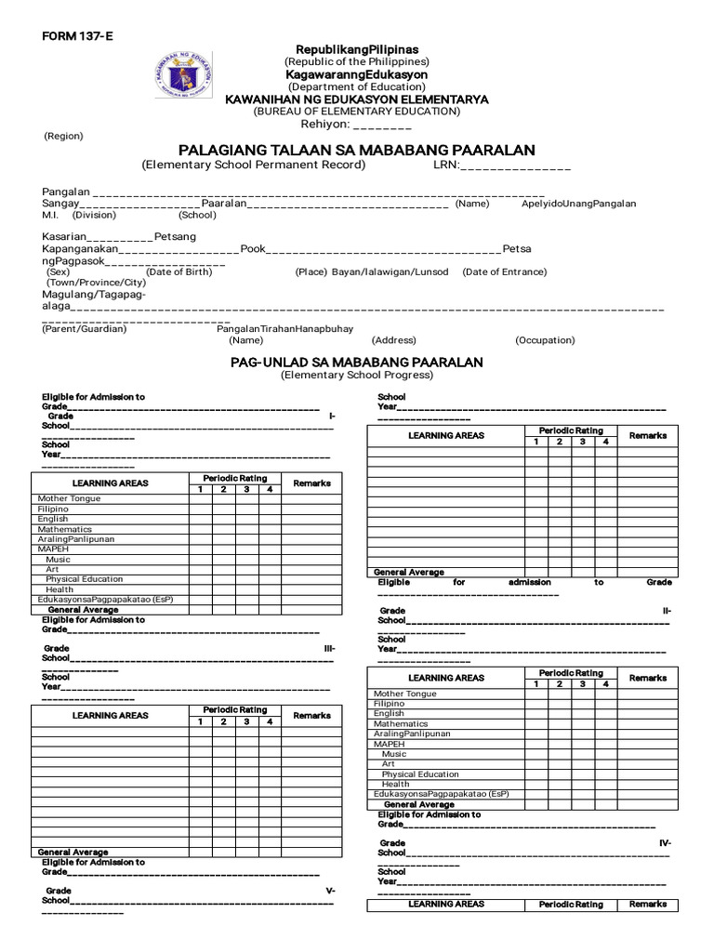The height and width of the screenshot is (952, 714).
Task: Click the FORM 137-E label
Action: click(70, 36)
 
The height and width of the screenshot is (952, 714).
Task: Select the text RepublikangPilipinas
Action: click(357, 49)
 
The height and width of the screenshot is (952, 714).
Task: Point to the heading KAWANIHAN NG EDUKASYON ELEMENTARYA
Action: click(357, 99)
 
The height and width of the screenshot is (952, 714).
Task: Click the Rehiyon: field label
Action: click(324, 124)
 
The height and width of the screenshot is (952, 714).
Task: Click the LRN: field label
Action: click(446, 165)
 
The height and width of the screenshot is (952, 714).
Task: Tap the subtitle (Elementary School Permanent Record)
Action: click(254, 165)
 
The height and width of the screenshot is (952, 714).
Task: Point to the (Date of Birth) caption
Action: click(179, 271)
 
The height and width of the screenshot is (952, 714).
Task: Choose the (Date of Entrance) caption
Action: click(505, 271)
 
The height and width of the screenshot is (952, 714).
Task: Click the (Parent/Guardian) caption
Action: click(85, 328)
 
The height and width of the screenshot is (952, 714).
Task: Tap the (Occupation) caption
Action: click(545, 340)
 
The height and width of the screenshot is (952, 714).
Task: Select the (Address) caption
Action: click(394, 340)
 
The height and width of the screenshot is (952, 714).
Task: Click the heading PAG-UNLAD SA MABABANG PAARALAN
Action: click(357, 362)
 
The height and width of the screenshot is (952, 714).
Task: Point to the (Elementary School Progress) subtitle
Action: click(357, 375)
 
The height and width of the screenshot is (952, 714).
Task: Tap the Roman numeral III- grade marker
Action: click(329, 648)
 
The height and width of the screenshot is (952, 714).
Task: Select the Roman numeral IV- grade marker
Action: click(665, 842)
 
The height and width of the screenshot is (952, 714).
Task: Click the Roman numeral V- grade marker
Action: click(330, 891)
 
